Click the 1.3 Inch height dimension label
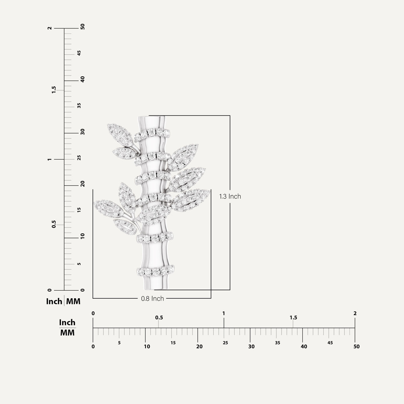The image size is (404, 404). tap(230, 196)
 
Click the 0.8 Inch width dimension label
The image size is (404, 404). tap(153, 299)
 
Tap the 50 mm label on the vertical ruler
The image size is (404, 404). tap(82, 27)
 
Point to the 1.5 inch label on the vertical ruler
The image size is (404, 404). tap(54, 90)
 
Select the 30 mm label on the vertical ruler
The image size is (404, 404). tap(82, 132)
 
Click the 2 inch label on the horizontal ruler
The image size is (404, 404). tap(355, 313)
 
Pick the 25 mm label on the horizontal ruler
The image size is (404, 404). tap(225, 343)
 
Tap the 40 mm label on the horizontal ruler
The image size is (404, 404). tap(304, 346)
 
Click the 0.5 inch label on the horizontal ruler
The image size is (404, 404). tap(159, 317)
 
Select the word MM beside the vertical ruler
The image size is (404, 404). tap(73, 301)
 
